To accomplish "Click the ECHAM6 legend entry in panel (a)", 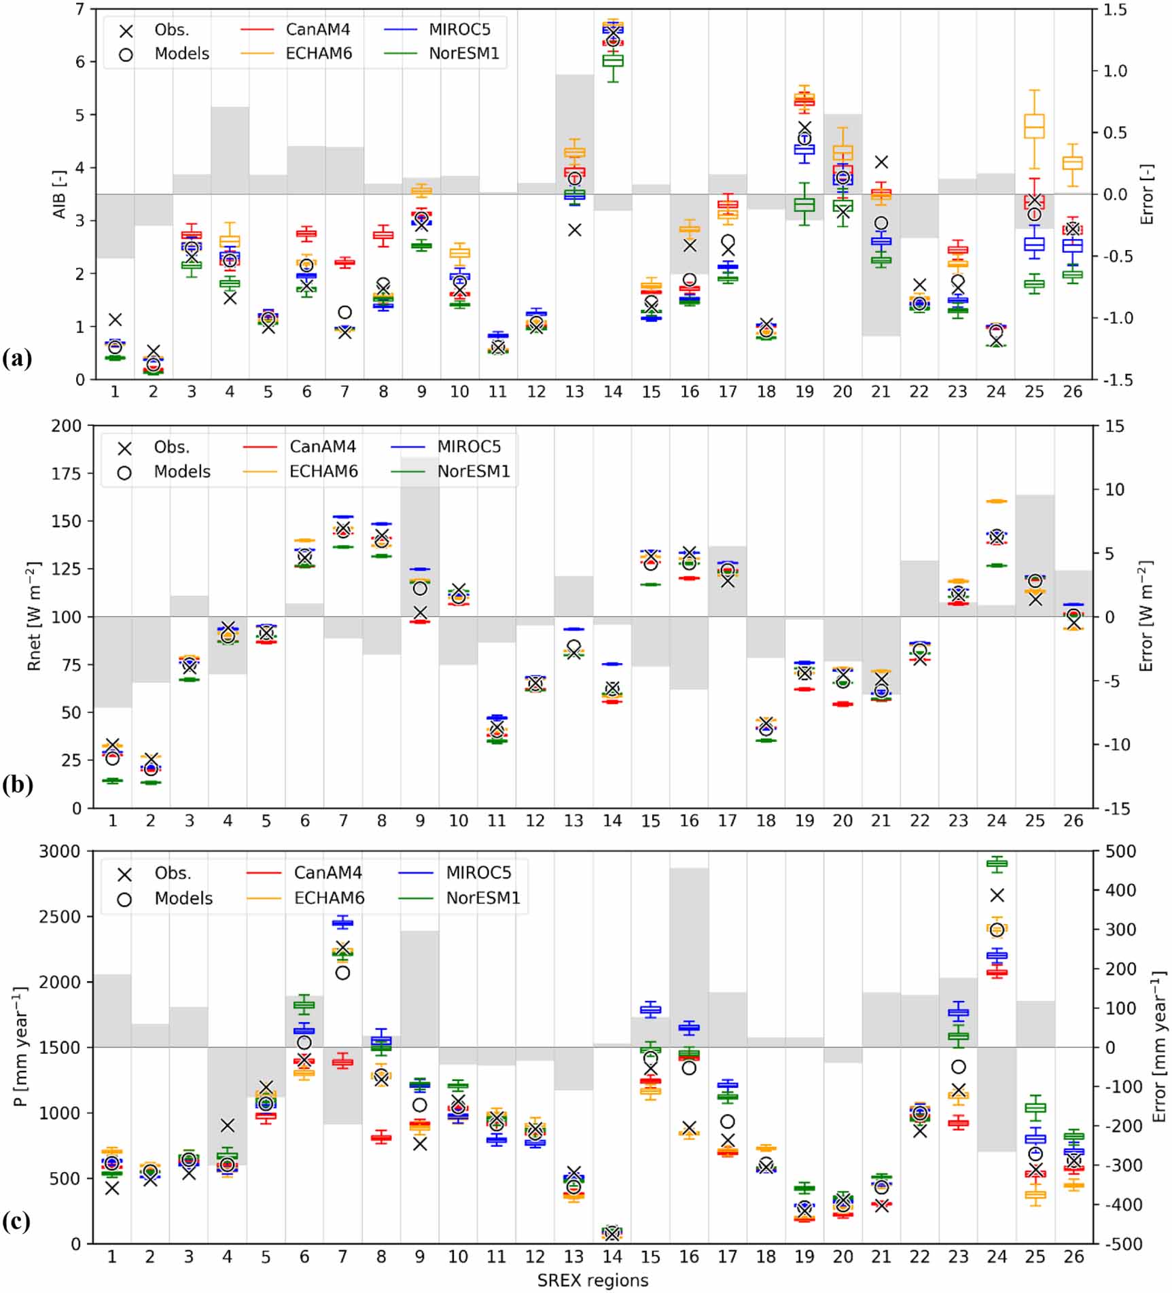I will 318,54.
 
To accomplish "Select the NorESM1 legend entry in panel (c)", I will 482,898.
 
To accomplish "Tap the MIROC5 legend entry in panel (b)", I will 468,446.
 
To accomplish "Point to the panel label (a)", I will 17,358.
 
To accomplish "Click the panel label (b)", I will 17,785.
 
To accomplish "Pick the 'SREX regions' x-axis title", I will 592,1280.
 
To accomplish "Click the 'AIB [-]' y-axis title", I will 60,194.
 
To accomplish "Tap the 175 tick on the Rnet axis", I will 66,474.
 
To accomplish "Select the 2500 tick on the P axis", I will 60,917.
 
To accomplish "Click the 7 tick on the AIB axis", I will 80,10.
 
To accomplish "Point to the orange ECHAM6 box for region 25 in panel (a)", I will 1034,126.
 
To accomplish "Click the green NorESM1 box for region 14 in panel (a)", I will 613,60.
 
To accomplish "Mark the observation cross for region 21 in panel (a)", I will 881,162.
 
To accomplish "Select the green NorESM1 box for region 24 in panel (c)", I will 997,864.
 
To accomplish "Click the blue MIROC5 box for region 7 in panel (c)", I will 342,922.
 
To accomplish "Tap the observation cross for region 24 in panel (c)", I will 997,896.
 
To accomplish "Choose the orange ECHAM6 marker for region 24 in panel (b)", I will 997,501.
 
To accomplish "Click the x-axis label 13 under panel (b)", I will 573,821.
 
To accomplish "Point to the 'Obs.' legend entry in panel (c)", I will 172,873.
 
